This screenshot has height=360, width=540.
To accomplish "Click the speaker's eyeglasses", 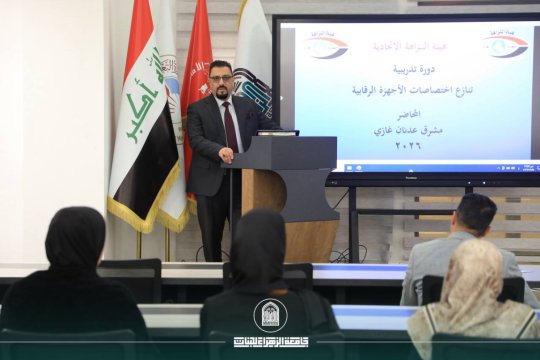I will point(221,78).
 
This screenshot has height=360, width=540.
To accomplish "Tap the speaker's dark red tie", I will point(231,125).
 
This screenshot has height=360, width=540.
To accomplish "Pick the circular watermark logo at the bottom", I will point(270,315).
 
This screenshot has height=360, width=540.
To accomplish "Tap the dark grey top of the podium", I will point(285,150).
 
